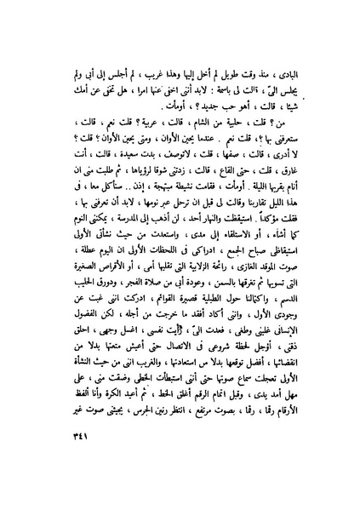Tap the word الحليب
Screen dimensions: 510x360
tap(67, 319)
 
